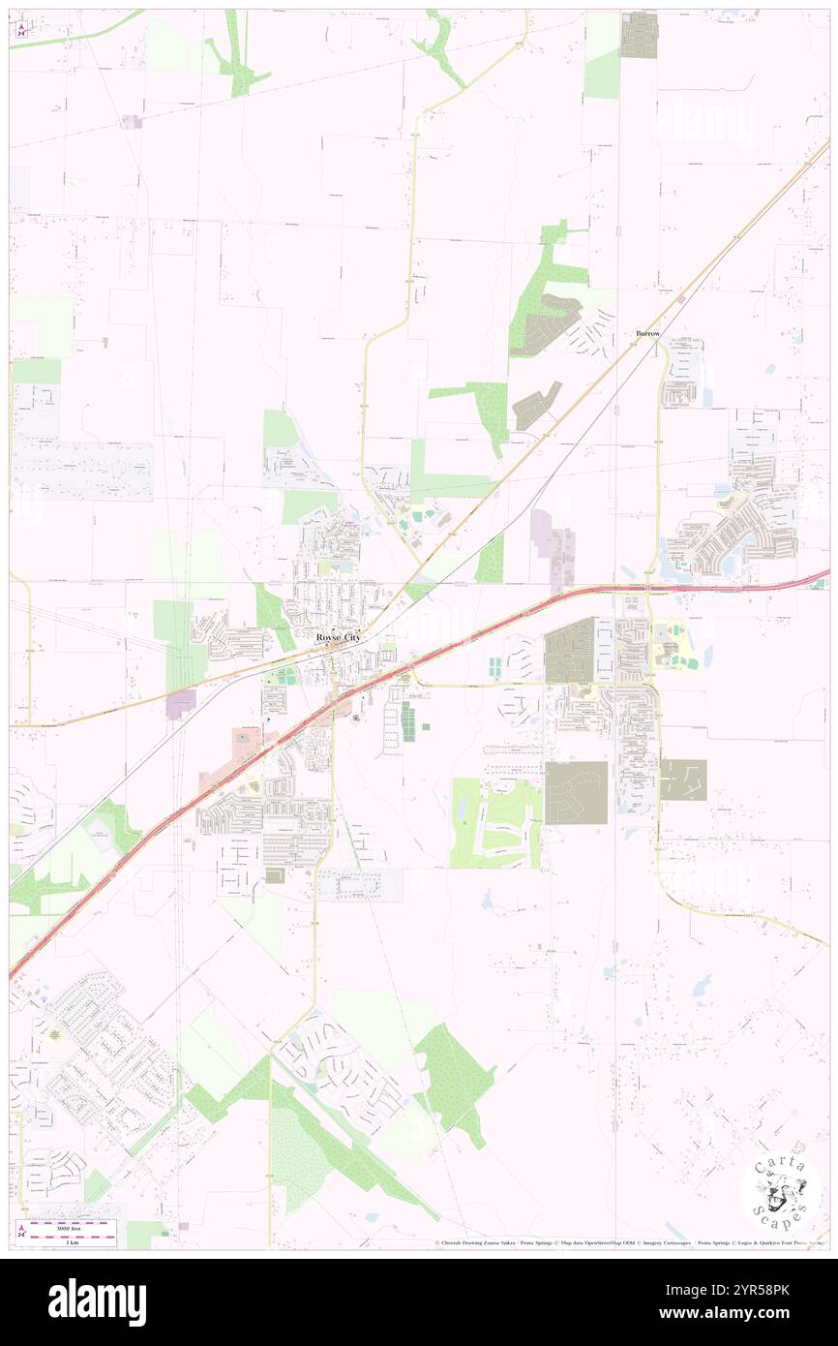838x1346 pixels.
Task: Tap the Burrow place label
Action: coord(647,333)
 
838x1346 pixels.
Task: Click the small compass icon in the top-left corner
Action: coord(22,29)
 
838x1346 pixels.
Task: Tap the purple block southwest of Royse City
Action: coord(181,704)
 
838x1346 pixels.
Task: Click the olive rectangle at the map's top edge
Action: coord(639,35)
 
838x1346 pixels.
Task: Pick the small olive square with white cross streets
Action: coord(683,780)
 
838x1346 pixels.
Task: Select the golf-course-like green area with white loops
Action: coord(495,822)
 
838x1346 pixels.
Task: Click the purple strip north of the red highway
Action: coord(554,545)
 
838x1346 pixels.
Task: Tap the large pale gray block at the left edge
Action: coord(82,472)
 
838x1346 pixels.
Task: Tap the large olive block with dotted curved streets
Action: coord(576,792)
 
